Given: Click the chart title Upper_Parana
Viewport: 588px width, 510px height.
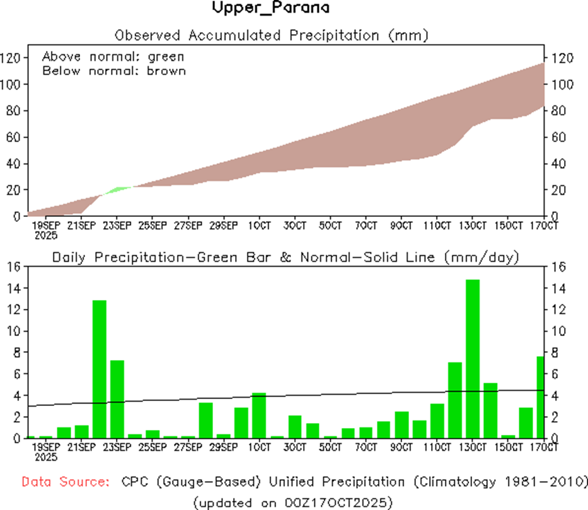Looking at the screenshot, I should pos(270,8).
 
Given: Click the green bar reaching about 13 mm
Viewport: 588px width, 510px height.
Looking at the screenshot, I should pos(100,369).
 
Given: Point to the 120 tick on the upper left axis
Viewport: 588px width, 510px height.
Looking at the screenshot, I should pos(13,57).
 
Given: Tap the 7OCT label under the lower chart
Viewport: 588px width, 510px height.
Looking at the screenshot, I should pos(366,447).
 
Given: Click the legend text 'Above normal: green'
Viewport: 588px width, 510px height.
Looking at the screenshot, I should pos(113,57).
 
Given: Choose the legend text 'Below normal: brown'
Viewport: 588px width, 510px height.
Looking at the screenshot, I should pos(114,71).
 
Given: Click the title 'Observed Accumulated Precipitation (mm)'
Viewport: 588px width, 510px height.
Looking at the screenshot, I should pos(271,35).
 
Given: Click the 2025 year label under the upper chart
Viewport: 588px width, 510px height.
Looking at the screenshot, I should pos(45,235).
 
